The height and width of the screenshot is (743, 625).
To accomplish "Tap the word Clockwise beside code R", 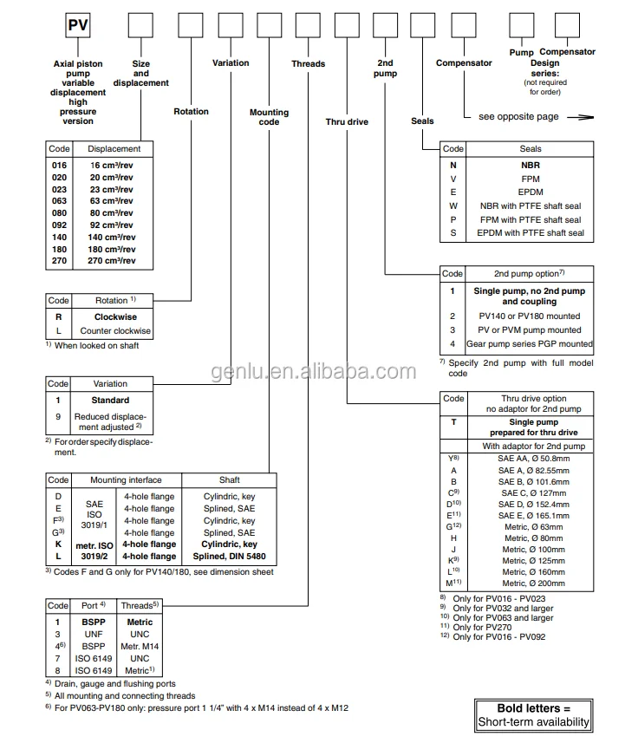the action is (115, 317).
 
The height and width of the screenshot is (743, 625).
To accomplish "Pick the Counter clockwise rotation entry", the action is (115, 331).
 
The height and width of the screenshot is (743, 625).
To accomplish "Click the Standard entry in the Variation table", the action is (110, 401).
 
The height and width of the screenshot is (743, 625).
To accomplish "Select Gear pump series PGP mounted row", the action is (530, 344).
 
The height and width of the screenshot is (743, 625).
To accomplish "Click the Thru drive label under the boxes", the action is (347, 122).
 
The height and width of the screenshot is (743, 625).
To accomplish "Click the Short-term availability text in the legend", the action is (534, 722).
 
